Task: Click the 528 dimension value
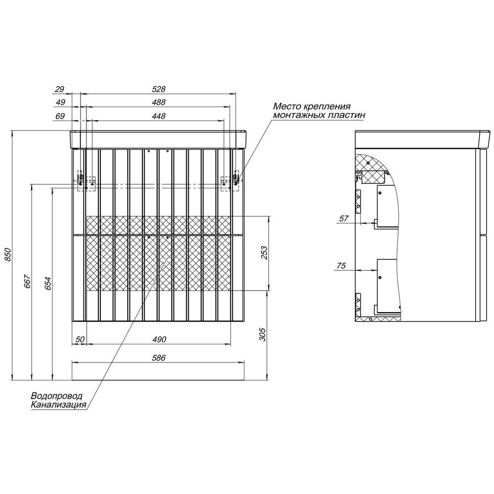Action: pos(159,89)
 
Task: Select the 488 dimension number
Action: pos(159,102)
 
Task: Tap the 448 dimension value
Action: pos(159,116)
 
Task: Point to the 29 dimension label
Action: pos(60,89)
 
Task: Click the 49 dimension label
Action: pos(60,102)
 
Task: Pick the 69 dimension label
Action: pos(60,116)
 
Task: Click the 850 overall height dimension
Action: pos(8,254)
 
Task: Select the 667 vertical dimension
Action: pos(28,282)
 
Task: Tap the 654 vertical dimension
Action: pos(48,283)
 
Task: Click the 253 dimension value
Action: pos(264,253)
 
